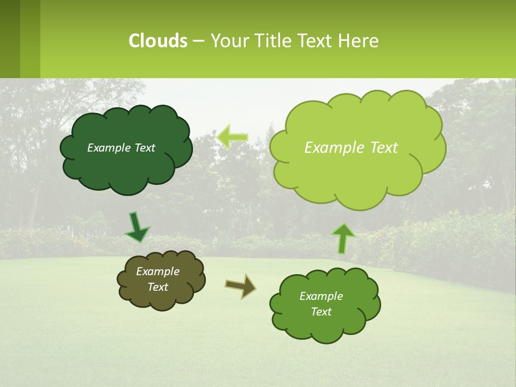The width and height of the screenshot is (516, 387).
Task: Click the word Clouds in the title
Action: pos(157,41)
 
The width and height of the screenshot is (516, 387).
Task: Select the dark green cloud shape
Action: pos(126,167)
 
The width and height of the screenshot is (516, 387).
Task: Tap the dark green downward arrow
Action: pos(137,228)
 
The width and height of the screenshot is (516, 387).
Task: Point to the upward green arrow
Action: pos(343,238)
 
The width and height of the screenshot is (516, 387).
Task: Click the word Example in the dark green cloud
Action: pos(109,148)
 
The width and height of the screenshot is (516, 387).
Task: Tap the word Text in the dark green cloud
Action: pos(145,148)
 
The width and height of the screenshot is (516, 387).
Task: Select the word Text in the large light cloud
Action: pos(384,148)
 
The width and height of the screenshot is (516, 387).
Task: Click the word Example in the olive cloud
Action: pos(157,271)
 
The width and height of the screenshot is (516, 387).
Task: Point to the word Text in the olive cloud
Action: pos(157,287)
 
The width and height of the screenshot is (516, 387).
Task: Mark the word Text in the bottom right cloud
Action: pos(321,312)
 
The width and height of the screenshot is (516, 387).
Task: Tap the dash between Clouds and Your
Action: pos(198,41)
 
